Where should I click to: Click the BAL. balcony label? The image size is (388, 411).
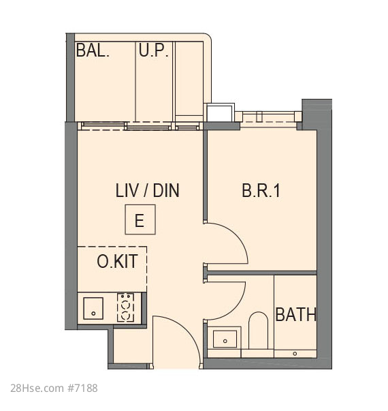[93, 50]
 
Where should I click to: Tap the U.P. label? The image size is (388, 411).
[153, 50]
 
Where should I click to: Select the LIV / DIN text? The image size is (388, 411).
[148, 191]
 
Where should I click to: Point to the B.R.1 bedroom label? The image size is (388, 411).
[261, 191]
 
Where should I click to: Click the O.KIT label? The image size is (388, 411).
[117, 261]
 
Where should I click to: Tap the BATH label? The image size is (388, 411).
[296, 314]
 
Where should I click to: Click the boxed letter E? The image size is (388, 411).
[140, 219]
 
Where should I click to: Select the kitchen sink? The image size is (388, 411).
[93, 308]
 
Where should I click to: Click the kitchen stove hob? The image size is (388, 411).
[125, 307]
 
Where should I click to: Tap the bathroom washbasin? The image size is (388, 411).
[225, 339]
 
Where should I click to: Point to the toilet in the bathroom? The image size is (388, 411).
[258, 331]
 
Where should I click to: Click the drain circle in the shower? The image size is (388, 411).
[295, 354]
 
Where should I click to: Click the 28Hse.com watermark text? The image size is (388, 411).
[37, 389]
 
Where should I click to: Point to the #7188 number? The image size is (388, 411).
[82, 389]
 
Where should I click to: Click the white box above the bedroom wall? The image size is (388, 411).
[219, 113]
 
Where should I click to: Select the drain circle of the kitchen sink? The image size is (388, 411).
[93, 314]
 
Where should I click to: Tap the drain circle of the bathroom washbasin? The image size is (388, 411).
[225, 341]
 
